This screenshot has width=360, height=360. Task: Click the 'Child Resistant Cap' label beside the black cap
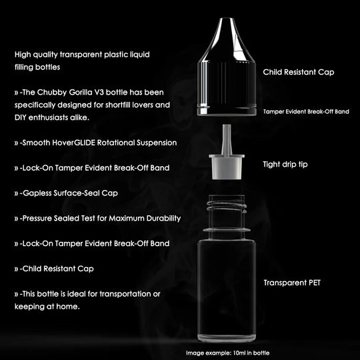pos(299,72)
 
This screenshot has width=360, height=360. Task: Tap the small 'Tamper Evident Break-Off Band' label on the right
pos(306,111)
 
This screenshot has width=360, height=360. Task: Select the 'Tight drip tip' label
pos(285,165)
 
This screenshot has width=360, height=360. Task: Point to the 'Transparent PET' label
pos(292,283)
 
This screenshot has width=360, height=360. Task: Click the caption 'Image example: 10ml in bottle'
pos(227,353)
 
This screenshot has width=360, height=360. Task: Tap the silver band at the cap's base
pos(227,111)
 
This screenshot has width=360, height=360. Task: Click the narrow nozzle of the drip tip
pos(227,139)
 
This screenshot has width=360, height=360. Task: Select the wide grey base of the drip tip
pos(227,167)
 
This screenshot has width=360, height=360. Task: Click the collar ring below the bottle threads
pos(227,230)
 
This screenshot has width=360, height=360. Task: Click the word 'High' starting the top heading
pos(23,55)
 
